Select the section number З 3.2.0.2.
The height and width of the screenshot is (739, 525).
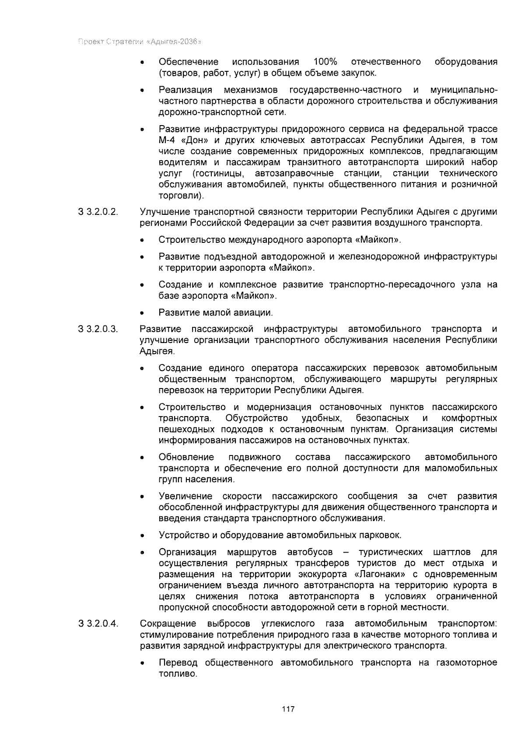coord(98,212)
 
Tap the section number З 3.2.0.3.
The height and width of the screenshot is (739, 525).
coord(98,329)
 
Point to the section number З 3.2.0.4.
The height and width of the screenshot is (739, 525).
coord(98,623)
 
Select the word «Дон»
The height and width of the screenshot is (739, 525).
coord(194,140)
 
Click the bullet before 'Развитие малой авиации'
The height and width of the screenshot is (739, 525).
coord(142,313)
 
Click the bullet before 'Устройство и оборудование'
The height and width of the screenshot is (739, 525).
coord(142,536)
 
